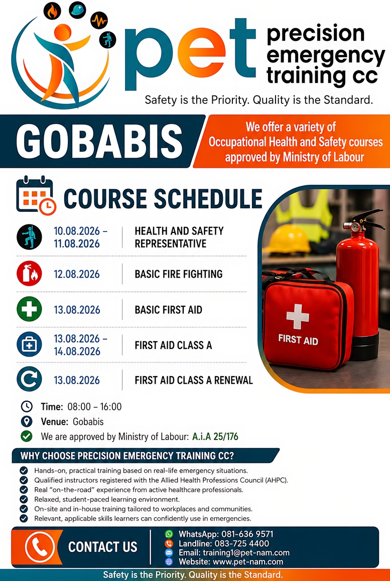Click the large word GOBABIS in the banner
[99, 141]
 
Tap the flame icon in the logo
[52, 11]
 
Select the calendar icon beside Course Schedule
[36, 195]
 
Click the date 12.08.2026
[77, 274]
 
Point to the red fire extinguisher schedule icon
[29, 274]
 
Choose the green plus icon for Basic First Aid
[29, 309]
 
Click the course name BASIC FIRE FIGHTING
[179, 274]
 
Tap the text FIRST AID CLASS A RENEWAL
[194, 380]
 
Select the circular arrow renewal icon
[29, 379]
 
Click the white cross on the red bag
[298, 317]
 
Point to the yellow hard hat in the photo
[289, 239]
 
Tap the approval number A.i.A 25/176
[215, 436]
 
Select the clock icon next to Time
[27, 406]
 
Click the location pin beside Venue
[27, 421]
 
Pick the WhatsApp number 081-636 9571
[247, 534]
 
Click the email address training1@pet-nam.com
[246, 553]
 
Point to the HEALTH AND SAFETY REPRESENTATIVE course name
[179, 238]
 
